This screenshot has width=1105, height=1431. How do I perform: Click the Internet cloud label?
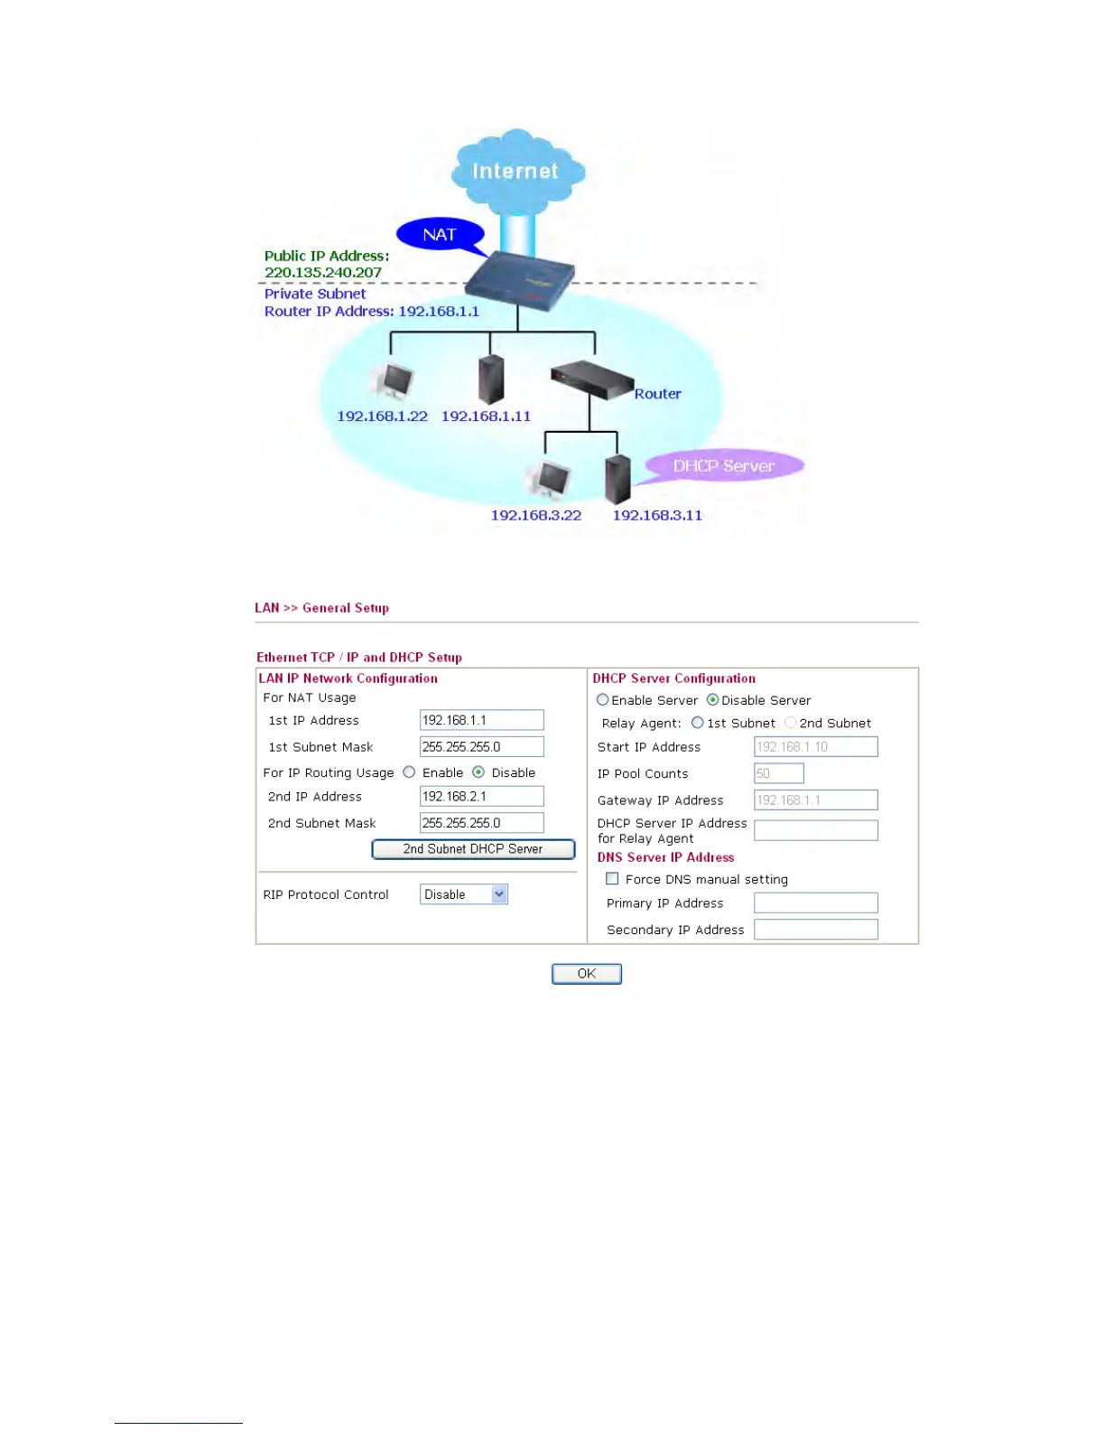click(515, 171)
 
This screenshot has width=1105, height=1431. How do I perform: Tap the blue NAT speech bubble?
click(440, 235)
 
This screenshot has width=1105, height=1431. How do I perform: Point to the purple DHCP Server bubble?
click(723, 466)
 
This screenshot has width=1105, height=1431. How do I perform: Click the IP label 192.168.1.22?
click(382, 416)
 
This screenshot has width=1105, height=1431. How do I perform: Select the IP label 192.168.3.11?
click(657, 516)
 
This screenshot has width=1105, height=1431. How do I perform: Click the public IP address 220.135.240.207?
click(322, 273)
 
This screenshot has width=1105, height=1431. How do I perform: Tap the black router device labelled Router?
click(591, 379)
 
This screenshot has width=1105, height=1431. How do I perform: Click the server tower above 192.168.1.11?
click(490, 379)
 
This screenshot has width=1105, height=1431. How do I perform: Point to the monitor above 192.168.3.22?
click(550, 480)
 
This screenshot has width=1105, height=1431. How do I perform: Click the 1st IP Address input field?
click(481, 720)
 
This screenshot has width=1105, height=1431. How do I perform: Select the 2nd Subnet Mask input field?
click(481, 823)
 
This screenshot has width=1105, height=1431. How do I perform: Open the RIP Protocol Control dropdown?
click(464, 894)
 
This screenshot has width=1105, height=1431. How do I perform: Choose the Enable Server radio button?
click(602, 700)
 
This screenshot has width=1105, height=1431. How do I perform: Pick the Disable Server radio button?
click(712, 700)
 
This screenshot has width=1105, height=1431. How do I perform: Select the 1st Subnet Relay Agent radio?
click(697, 723)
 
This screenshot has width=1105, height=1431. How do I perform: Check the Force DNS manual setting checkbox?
click(612, 879)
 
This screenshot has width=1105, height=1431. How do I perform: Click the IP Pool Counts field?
click(778, 773)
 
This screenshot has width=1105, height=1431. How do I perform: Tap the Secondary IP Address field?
click(815, 930)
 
